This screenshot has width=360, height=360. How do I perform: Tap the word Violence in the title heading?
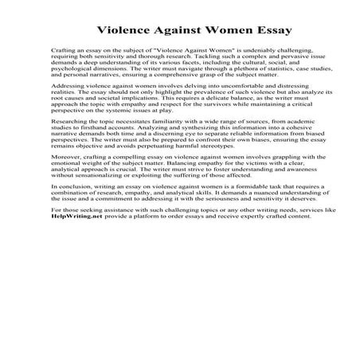118,31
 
